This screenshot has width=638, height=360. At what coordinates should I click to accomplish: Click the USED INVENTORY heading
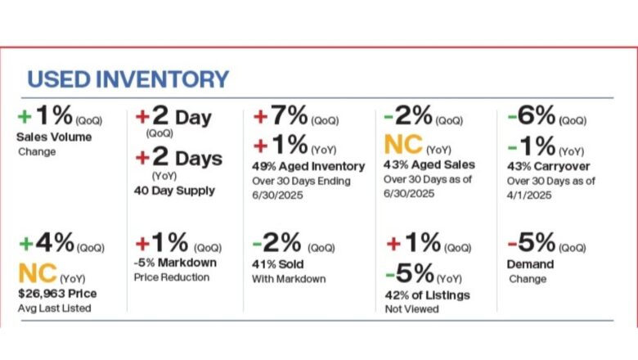click(128, 79)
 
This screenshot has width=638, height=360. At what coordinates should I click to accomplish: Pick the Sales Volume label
click(54, 137)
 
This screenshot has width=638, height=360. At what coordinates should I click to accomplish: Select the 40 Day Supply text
click(175, 191)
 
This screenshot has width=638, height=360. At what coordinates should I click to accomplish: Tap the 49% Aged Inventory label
click(309, 166)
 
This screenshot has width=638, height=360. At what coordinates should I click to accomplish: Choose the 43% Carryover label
click(549, 166)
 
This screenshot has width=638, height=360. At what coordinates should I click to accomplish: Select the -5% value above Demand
click(532, 242)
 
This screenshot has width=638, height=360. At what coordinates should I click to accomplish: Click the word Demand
click(530, 264)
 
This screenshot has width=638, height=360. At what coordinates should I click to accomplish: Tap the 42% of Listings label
click(425, 295)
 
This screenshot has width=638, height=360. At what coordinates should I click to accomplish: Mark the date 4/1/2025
click(528, 196)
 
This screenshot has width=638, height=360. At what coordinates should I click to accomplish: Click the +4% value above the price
click(46, 242)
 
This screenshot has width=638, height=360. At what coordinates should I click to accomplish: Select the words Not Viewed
click(412, 308)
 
